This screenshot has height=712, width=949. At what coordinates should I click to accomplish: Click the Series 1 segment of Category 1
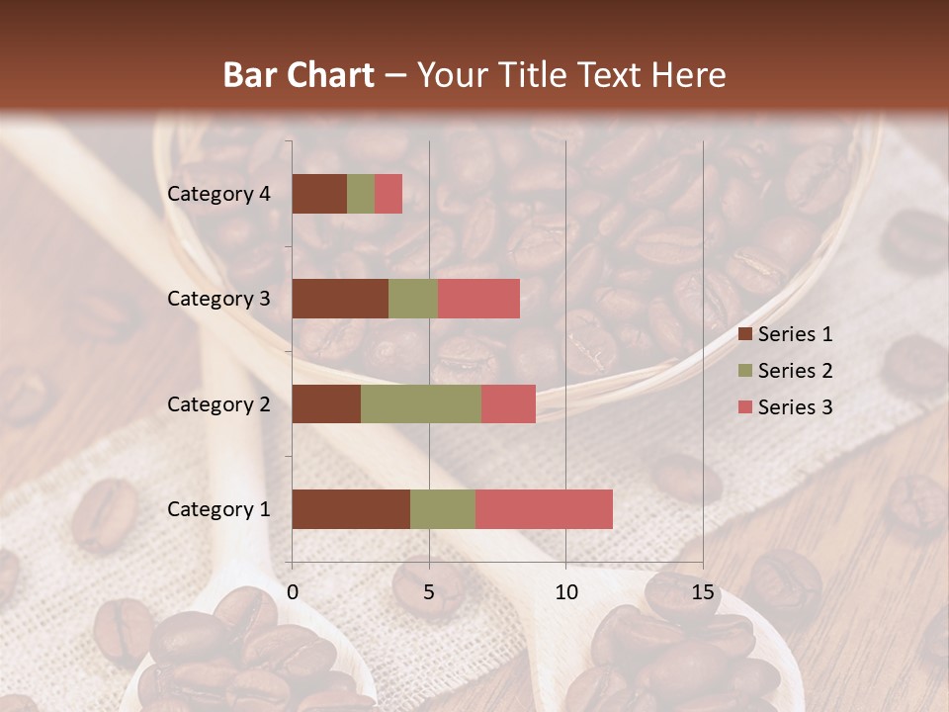[x=351, y=509]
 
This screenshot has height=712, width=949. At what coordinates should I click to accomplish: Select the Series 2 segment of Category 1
[x=443, y=509]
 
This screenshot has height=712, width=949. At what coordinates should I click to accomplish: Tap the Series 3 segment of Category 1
[x=544, y=509]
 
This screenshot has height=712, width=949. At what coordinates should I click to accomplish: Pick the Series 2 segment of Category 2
[x=421, y=403]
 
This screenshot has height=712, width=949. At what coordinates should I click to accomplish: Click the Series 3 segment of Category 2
[x=508, y=403]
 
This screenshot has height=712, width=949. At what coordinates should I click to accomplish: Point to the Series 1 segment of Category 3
[x=340, y=299]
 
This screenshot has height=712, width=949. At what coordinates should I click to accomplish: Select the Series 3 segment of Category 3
[x=478, y=299]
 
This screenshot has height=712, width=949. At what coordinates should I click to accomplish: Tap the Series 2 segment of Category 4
[x=361, y=194]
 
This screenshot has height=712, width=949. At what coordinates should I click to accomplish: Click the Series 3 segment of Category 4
[x=388, y=194]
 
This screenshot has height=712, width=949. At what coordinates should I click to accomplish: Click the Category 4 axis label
[x=218, y=194]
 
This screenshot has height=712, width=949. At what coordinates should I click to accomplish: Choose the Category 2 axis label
[x=218, y=403]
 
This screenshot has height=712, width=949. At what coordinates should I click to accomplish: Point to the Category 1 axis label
[x=218, y=509]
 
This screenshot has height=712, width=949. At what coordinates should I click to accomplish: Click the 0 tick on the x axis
[x=293, y=591]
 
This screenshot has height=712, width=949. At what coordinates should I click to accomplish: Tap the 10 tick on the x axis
[x=565, y=591]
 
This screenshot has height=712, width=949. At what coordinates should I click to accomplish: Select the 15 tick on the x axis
[x=703, y=591]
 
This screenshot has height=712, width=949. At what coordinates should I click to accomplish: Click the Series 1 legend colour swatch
[x=744, y=334]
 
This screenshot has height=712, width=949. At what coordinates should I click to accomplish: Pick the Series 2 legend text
[x=795, y=371]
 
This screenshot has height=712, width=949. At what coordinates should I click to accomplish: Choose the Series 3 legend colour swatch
[x=744, y=407]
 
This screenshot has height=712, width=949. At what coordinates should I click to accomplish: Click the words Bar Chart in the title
[x=299, y=75]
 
